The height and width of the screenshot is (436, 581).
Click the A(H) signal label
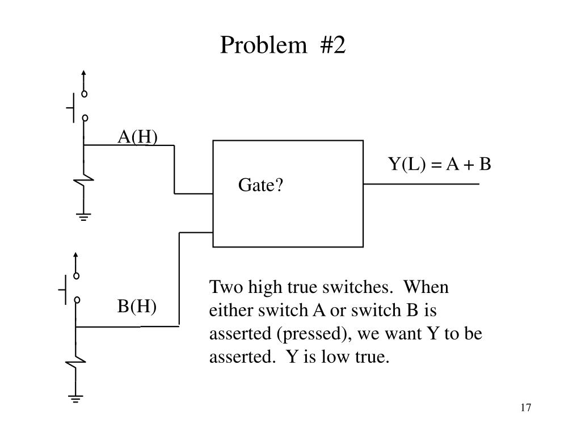pyautogui.click(x=137, y=137)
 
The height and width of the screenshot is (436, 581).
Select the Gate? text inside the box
pyautogui.click(x=260, y=185)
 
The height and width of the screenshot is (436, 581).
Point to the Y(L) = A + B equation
pyautogui.click(x=439, y=164)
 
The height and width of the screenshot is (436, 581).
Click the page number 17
pyautogui.click(x=525, y=408)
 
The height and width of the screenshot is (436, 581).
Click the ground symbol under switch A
pyautogui.click(x=84, y=216)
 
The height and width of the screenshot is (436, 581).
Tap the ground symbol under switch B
pyautogui.click(x=76, y=398)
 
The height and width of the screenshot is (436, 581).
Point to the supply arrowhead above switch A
pyautogui.click(x=84, y=73)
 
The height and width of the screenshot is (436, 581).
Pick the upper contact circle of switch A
pyautogui.click(x=84, y=94)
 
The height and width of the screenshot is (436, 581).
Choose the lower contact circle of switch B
pyautogui.click(x=76, y=301)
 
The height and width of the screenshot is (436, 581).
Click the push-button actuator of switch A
pyautogui.click(x=71, y=107)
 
